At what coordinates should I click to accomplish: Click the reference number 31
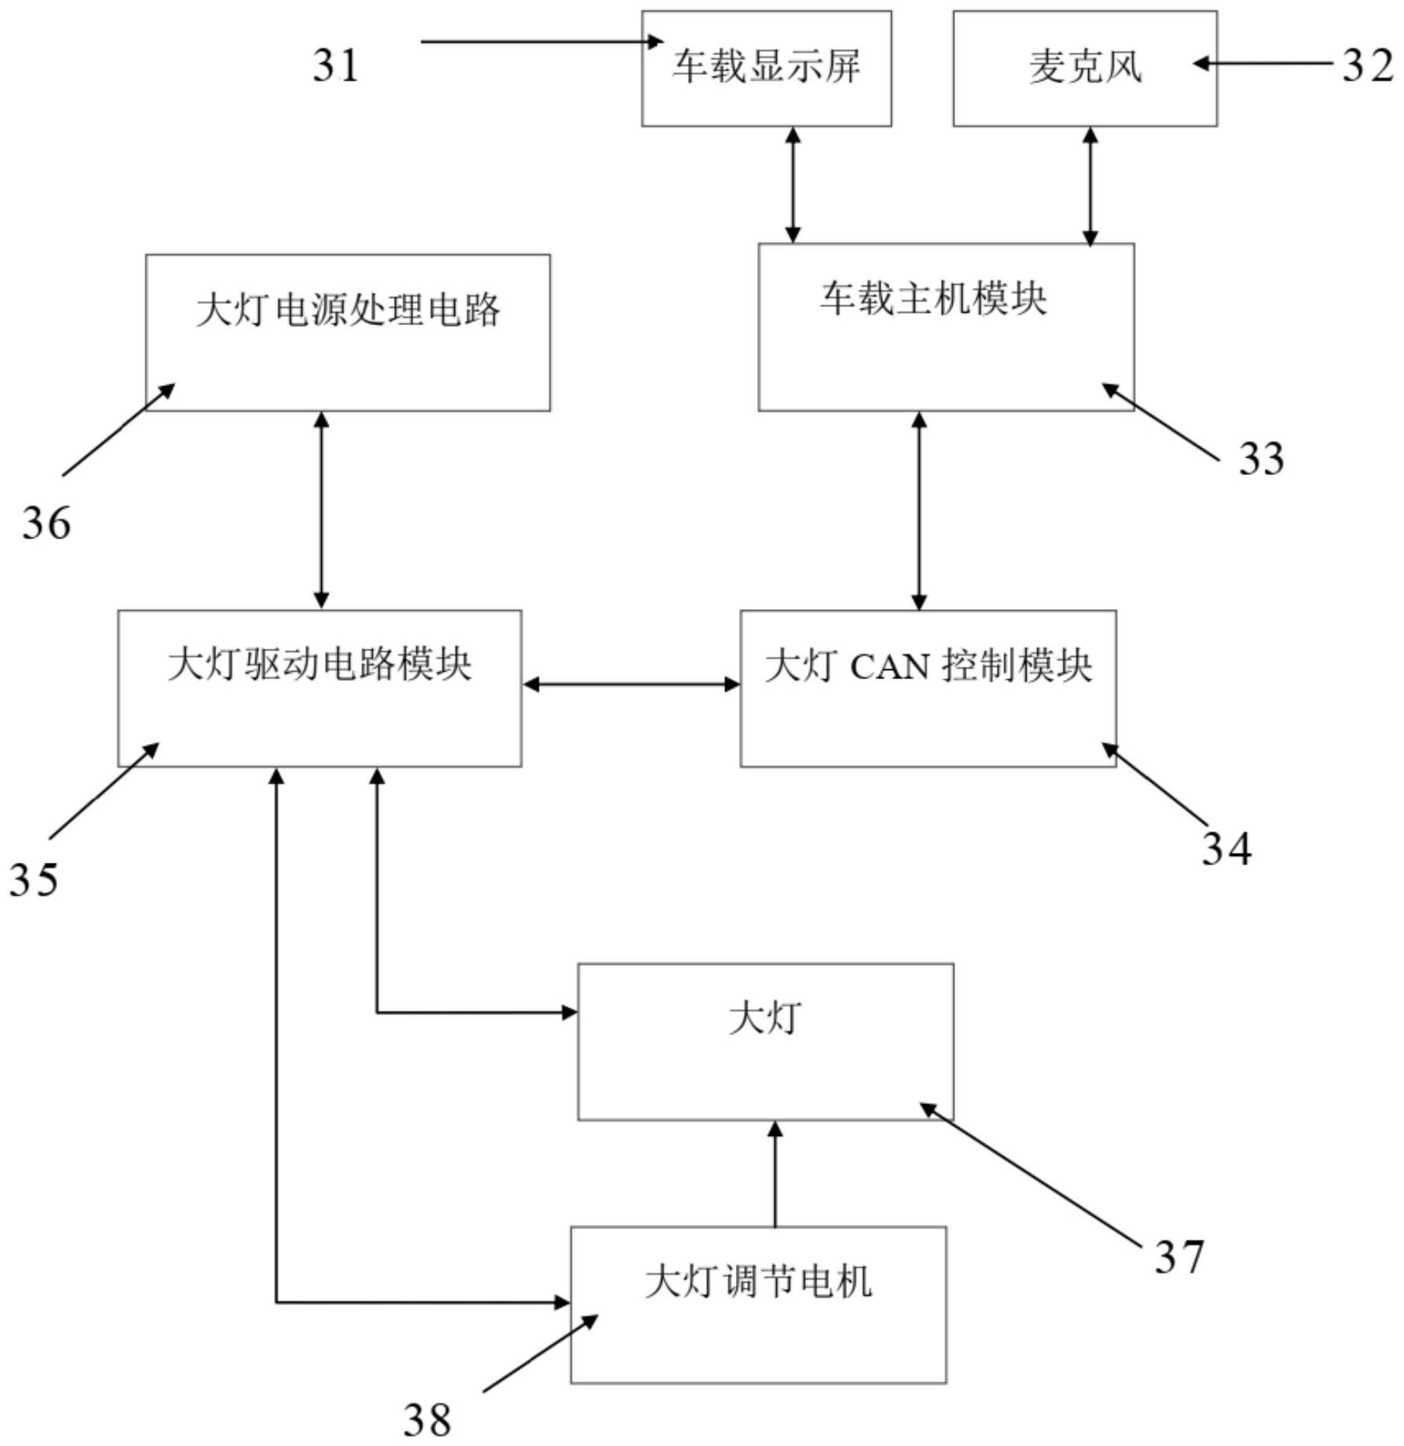click(336, 65)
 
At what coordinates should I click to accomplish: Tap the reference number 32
click(1367, 65)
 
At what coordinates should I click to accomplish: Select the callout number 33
click(1261, 458)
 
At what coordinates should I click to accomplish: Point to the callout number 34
click(1226, 848)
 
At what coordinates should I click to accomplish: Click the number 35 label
click(33, 879)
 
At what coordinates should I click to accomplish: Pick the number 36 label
click(46, 524)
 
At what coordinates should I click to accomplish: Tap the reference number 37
click(1179, 1256)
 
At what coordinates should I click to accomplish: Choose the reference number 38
click(427, 1420)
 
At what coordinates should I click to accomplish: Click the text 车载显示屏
click(766, 67)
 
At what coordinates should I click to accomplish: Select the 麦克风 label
click(1085, 67)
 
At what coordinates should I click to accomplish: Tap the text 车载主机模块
click(933, 298)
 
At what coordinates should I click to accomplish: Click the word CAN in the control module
click(890, 668)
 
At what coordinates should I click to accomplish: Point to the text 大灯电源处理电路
click(348, 311)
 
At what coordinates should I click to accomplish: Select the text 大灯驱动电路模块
click(320, 664)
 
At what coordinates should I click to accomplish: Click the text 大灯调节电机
click(758, 1282)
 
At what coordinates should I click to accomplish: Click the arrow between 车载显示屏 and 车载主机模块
click(793, 185)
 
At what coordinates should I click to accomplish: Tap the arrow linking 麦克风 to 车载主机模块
click(1090, 186)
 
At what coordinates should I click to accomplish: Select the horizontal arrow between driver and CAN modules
click(631, 685)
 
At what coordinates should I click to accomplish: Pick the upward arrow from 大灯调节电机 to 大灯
click(775, 1173)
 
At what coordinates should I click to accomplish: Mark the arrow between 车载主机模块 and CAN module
click(919, 511)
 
